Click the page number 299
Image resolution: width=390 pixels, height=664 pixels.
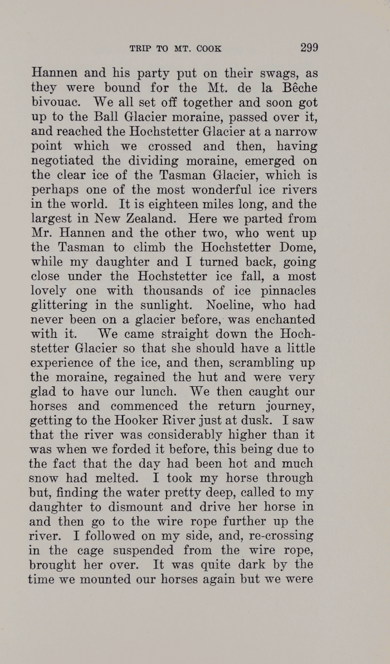tap(309, 47)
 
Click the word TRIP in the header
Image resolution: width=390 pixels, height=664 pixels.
tap(140, 49)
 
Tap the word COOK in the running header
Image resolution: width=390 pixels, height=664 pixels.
tap(209, 49)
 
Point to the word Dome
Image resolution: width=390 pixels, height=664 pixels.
tap(298, 247)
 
